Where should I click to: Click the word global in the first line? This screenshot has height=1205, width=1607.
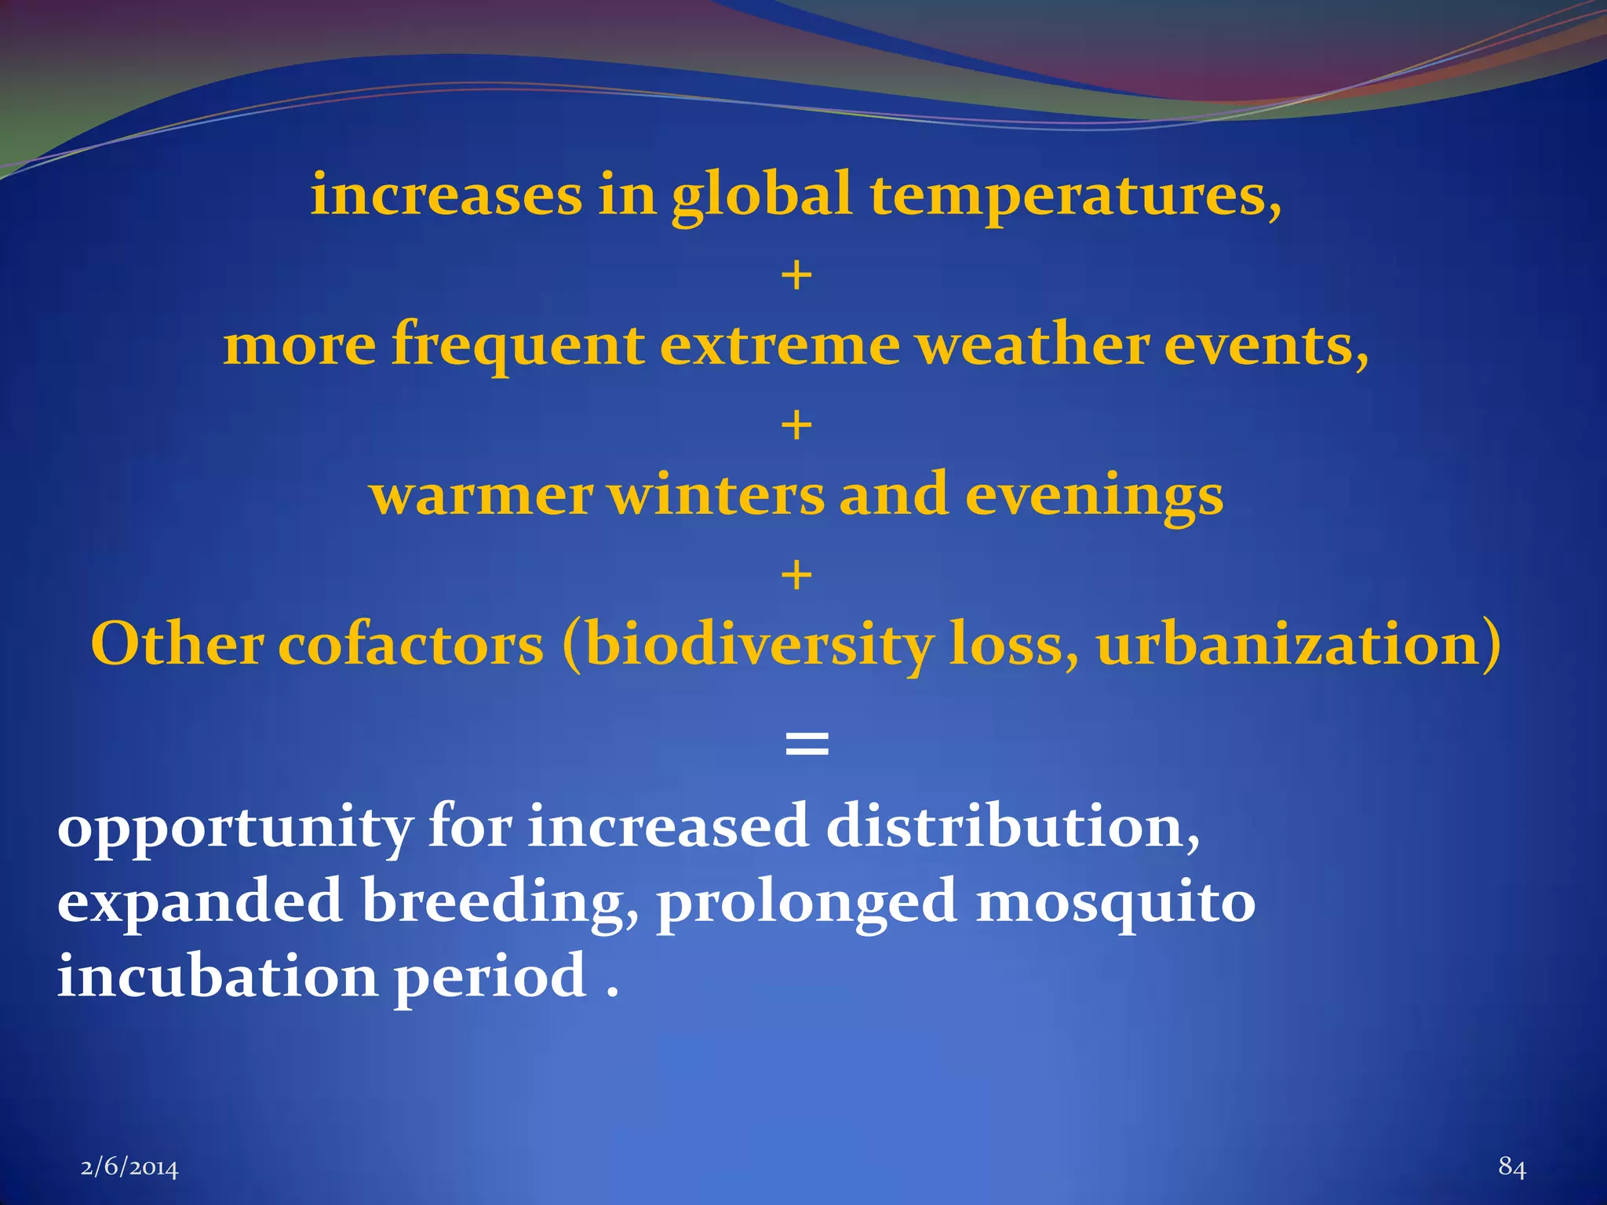click(761, 196)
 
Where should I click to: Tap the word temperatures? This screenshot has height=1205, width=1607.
click(1075, 196)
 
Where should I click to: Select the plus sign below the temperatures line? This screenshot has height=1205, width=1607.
click(796, 276)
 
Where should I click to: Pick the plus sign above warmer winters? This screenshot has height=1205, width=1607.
click(796, 425)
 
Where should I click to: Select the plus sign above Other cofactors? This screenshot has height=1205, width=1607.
click(796, 575)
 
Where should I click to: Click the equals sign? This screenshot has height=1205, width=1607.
click(807, 741)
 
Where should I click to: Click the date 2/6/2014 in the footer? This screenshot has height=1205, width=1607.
click(129, 1168)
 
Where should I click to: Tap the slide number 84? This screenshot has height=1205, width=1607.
click(1512, 1167)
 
